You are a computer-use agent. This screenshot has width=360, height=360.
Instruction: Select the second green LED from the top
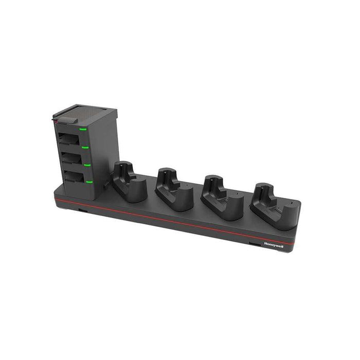coord(86,148)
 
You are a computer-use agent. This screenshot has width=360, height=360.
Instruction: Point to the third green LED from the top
coord(87,165)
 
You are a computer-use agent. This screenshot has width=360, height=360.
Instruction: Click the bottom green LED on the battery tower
coord(89,182)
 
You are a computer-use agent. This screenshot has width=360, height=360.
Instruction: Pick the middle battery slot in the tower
coord(71,157)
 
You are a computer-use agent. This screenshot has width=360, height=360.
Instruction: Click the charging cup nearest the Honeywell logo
coord(270,206)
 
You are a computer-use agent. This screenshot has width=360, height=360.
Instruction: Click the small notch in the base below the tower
coord(83,210)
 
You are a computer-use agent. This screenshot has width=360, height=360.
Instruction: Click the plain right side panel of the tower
coord(103,149)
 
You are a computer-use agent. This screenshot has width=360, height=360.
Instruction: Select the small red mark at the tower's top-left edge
coord(54,122)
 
